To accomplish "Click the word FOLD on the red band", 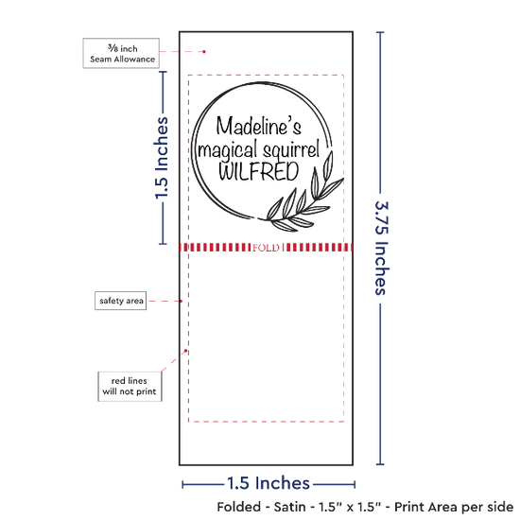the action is point(266,248).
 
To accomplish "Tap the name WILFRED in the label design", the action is point(259,171).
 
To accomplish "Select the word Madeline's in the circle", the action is point(259,126).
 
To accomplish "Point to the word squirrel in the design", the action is point(289,150).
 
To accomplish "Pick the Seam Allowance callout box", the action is point(121,53).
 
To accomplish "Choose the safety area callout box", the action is point(121,301).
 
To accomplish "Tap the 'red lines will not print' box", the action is point(130,387).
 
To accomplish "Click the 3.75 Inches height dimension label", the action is point(382,248).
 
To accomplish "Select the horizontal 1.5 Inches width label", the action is point(269,483).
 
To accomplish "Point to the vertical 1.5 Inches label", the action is point(162,158).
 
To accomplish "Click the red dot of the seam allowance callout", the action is point(204,52).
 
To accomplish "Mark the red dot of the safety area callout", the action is point(182,301).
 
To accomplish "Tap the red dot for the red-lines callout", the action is point(185,351).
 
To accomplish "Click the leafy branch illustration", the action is point(304,199).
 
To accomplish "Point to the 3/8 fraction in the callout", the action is point(113,48).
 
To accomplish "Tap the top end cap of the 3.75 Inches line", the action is point(380,32).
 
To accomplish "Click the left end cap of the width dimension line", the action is point(182,484).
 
